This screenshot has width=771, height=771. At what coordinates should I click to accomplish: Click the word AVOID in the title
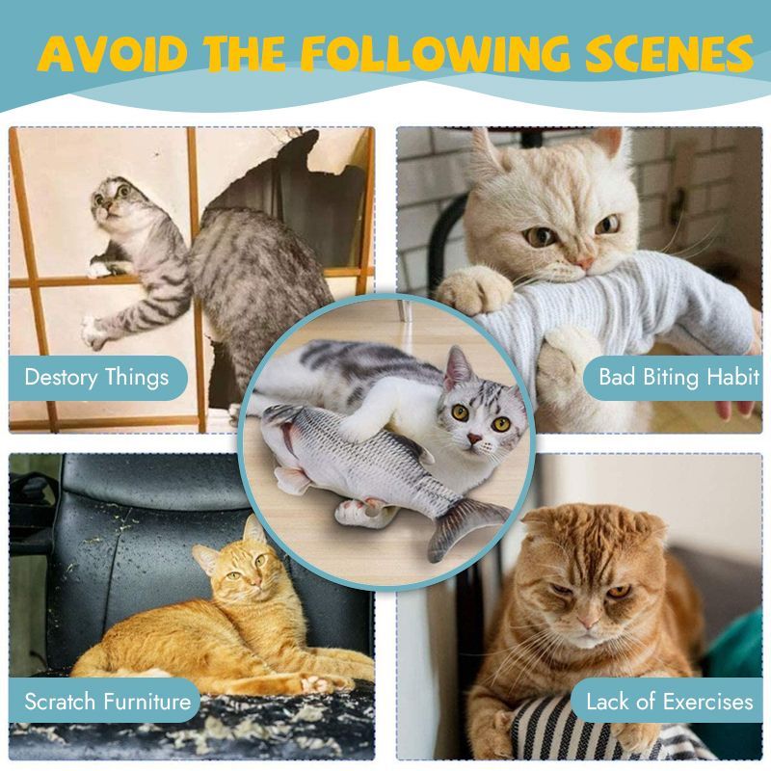pyautogui.click(x=113, y=53)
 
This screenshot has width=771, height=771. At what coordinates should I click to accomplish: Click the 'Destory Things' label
pyautogui.click(x=97, y=377)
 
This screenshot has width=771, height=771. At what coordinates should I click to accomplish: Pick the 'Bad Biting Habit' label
pyautogui.click(x=679, y=377)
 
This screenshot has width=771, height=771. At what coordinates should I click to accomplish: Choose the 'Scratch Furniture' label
pyautogui.click(x=108, y=702)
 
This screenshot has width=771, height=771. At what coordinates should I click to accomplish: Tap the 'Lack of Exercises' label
pyautogui.click(x=669, y=702)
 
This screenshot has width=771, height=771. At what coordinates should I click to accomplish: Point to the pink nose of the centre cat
pyautogui.click(x=474, y=438)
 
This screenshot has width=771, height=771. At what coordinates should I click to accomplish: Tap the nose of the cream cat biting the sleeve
pyautogui.click(x=584, y=263)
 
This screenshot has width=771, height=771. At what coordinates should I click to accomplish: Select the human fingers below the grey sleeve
pyautogui.click(x=737, y=408)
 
